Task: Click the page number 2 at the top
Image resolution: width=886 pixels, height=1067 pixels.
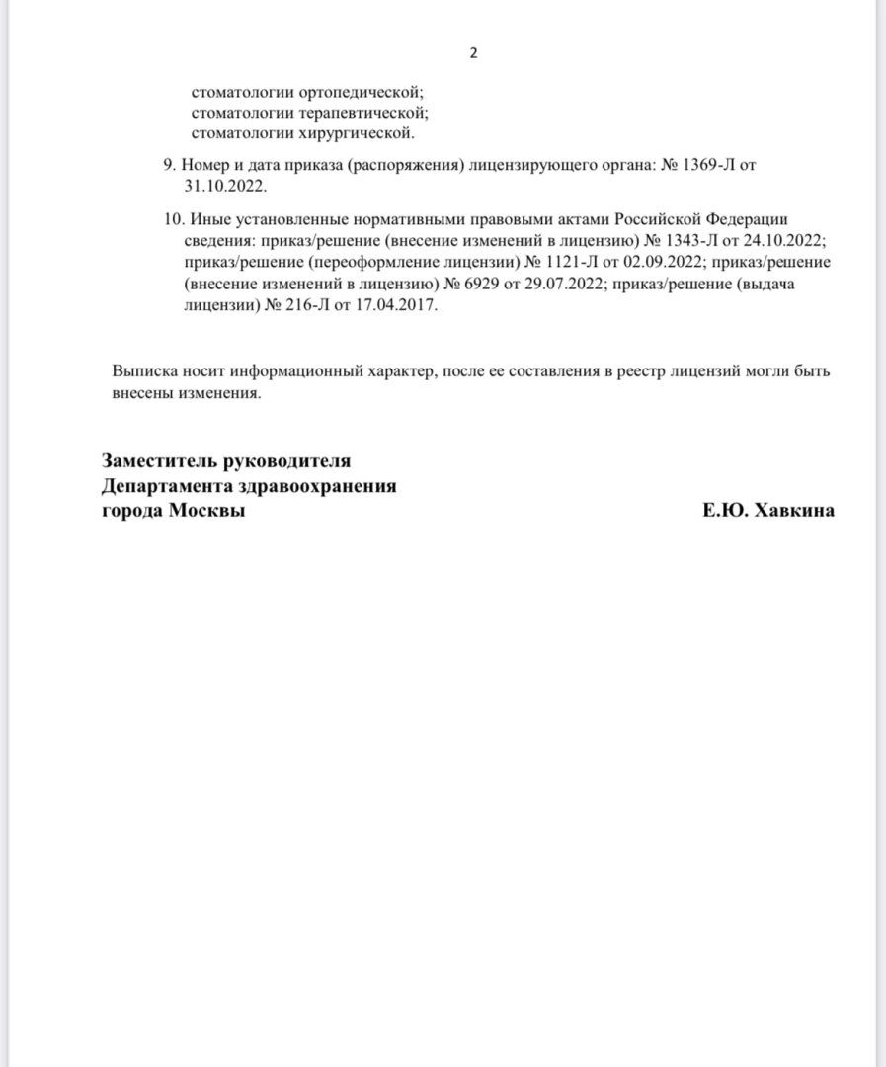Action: (x=472, y=53)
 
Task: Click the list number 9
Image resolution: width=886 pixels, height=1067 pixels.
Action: (x=168, y=165)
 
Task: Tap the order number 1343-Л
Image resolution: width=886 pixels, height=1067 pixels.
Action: (x=696, y=241)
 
